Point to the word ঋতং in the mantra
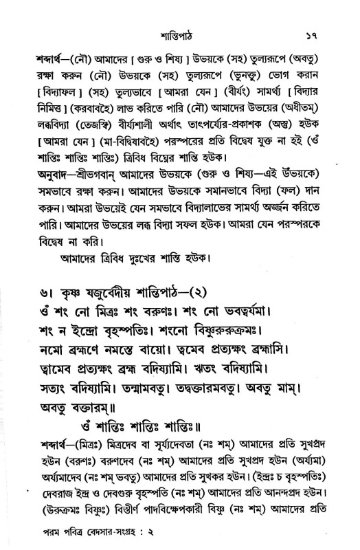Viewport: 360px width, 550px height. click(x=223, y=377)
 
